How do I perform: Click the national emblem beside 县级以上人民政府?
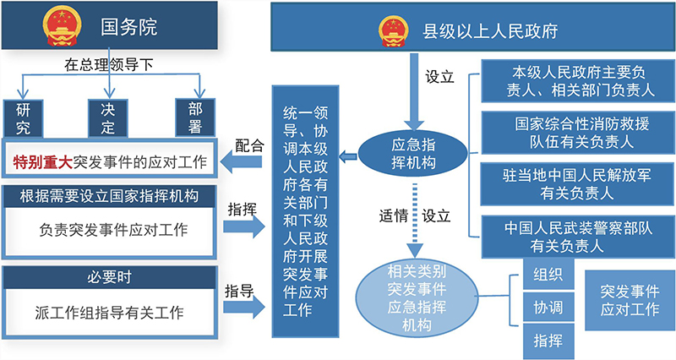[390, 31]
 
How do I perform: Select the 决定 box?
[109, 117]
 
